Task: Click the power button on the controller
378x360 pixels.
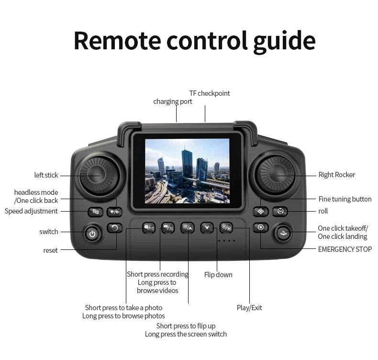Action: click(92, 233)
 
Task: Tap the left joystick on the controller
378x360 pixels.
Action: click(100, 175)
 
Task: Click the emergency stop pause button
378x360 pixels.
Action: click(261, 227)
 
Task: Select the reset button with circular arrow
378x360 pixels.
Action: click(114, 227)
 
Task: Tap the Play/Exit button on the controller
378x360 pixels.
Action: click(226, 227)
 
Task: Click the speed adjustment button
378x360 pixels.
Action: click(96, 212)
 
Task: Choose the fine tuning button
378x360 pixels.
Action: click(261, 212)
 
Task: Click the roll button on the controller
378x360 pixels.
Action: click(280, 211)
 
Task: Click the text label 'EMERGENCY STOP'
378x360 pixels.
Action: click(345, 249)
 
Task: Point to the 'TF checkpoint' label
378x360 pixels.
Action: click(210, 93)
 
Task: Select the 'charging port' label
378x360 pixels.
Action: click(173, 101)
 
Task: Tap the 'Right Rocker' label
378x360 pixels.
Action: click(336, 175)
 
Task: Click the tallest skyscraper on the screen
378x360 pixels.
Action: click(187, 161)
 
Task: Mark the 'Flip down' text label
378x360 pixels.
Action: click(218, 275)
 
